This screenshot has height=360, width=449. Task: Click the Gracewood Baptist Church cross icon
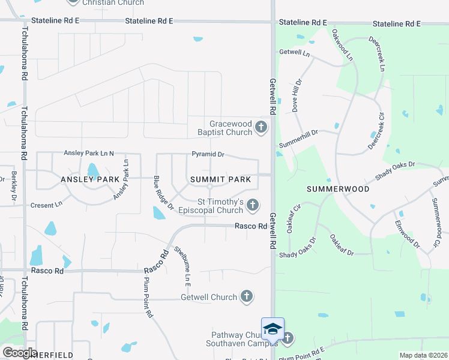tap(261, 127)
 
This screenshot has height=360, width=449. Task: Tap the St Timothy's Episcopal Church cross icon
tap(253, 205)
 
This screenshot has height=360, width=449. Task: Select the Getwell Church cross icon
tap(246, 296)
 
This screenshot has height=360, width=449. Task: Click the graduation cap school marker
tap(273, 329)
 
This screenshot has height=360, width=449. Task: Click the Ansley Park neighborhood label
tap(90, 179)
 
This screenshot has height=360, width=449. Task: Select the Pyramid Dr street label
tap(208, 154)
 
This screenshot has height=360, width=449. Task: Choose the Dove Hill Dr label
tap(296, 97)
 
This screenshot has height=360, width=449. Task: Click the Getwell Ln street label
tap(294, 53)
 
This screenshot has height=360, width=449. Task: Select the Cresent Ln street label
tap(46, 205)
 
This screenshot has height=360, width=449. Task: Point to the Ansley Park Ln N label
tap(88, 154)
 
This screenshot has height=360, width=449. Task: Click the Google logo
tap(20, 352)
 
